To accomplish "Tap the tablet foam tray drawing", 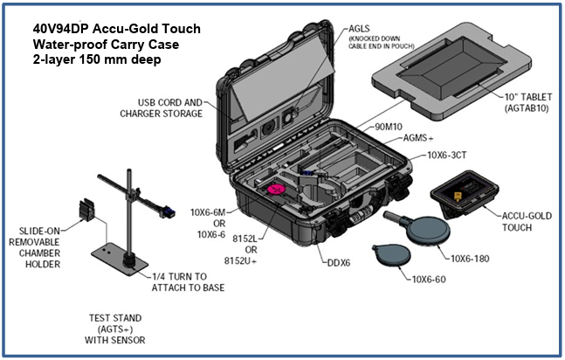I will (x=456, y=69).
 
